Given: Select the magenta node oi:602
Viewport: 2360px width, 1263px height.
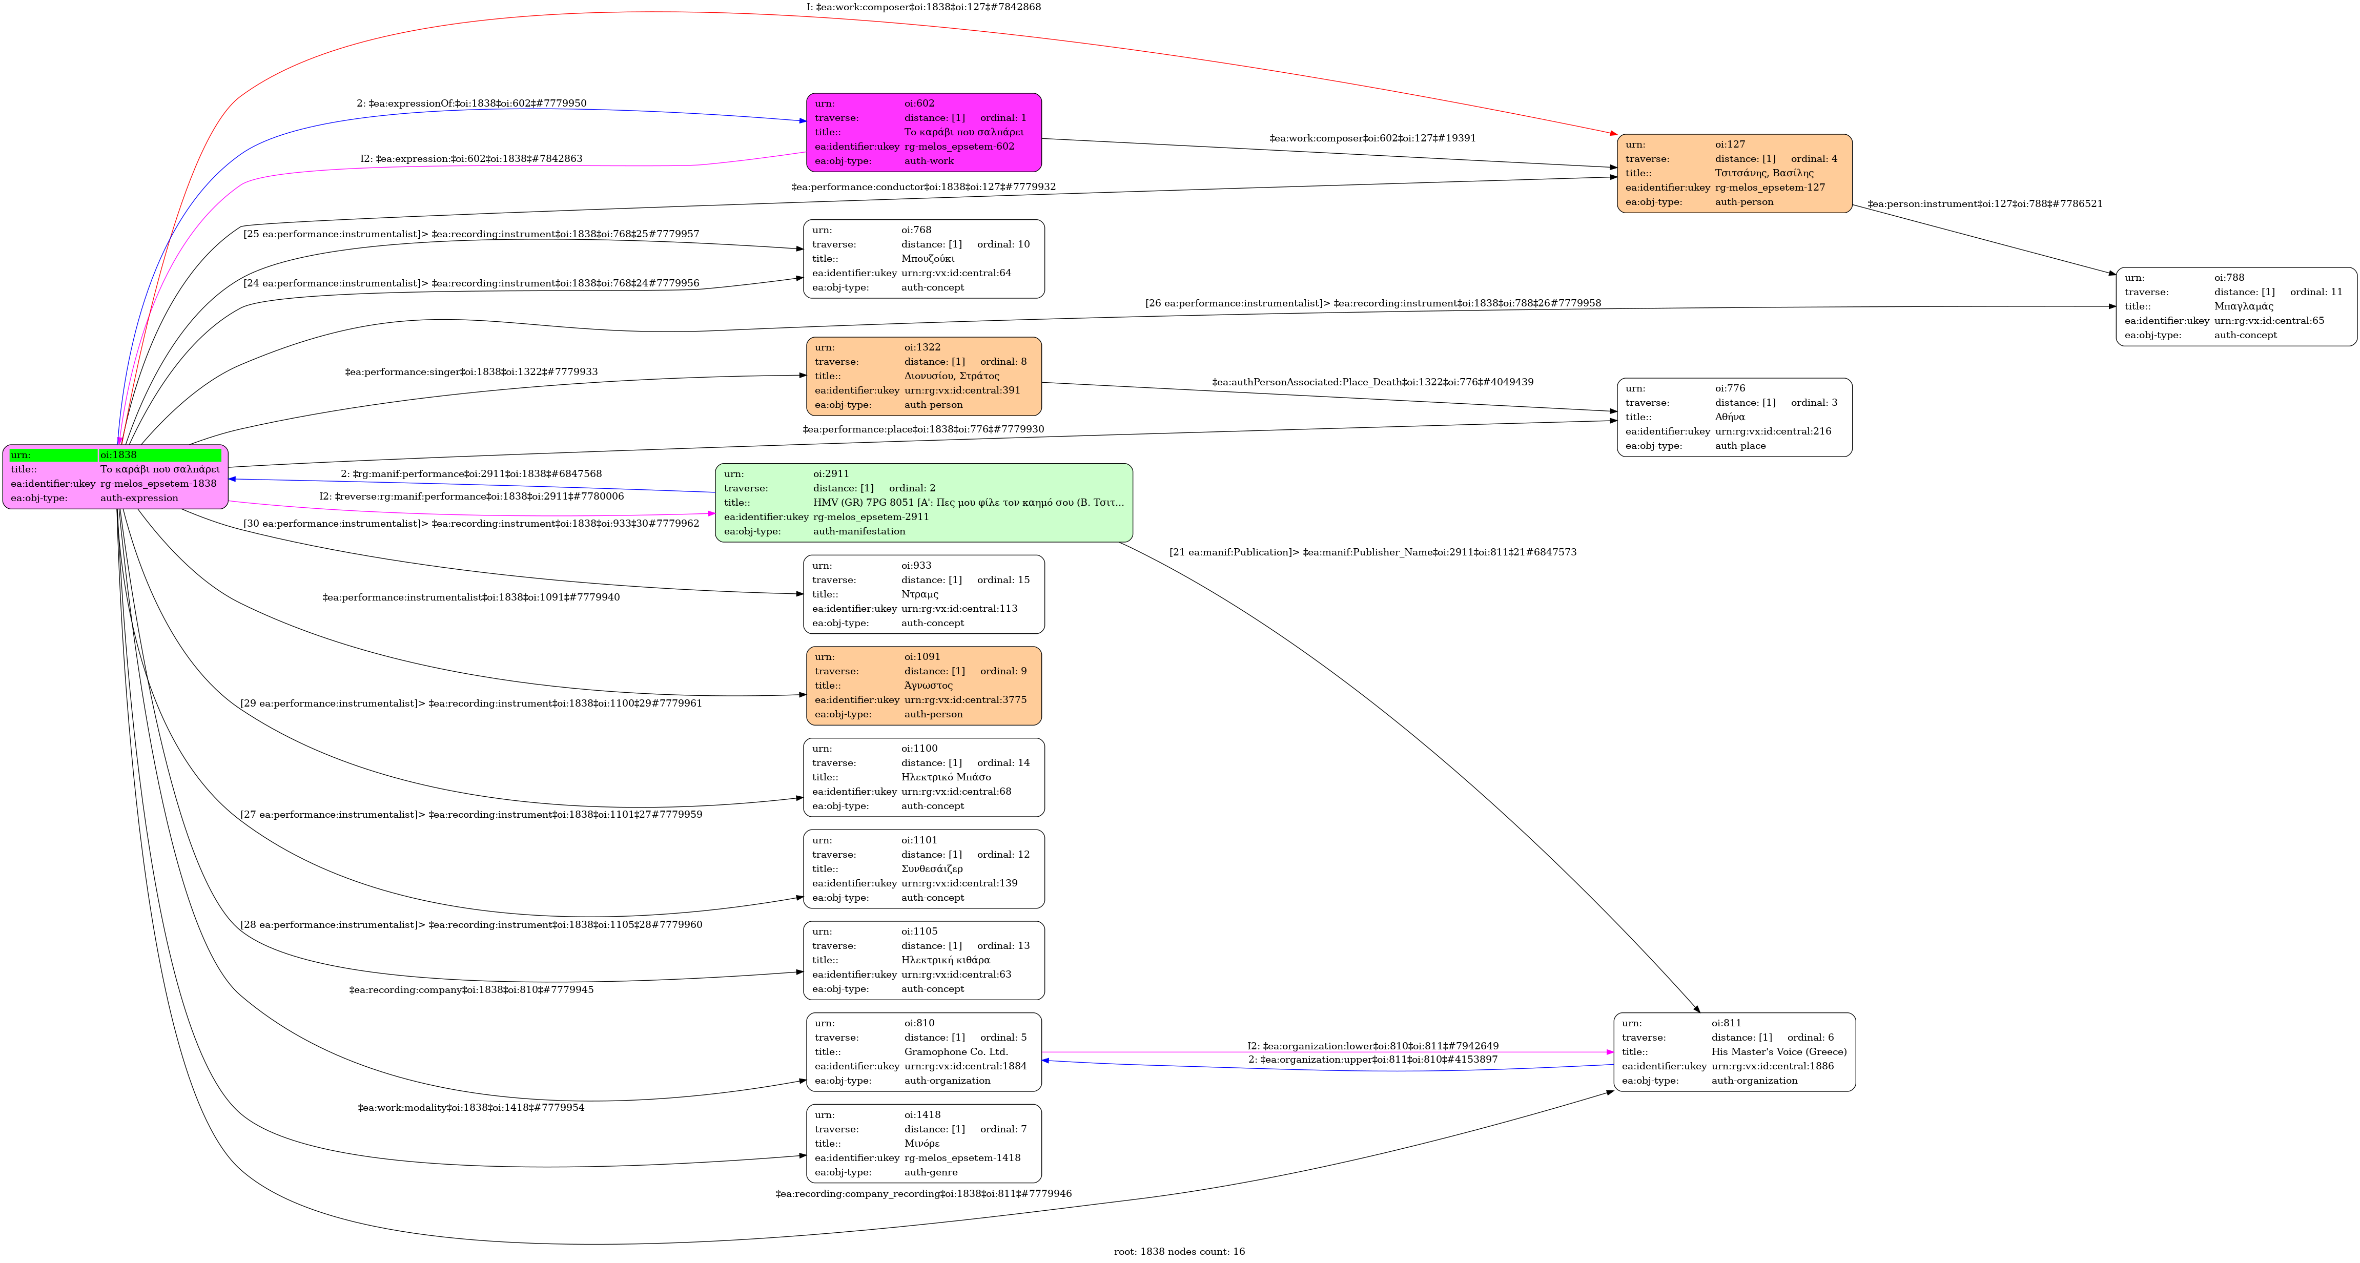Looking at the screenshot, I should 924,132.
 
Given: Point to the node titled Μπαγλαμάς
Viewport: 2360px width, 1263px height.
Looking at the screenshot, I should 2235,307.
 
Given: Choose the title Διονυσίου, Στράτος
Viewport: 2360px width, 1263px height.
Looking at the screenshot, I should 951,376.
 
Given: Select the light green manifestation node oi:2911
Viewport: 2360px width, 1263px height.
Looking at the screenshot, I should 924,503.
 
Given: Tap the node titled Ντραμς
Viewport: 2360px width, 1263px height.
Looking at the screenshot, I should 924,594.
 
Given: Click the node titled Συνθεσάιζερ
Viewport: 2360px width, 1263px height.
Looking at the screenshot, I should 924,869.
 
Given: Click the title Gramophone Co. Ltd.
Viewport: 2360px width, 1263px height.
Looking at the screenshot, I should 956,1051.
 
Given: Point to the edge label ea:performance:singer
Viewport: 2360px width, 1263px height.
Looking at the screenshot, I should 471,372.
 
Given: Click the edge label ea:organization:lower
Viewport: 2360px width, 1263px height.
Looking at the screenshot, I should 1372,1046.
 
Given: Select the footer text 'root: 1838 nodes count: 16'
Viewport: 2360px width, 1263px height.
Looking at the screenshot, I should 1179,1251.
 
